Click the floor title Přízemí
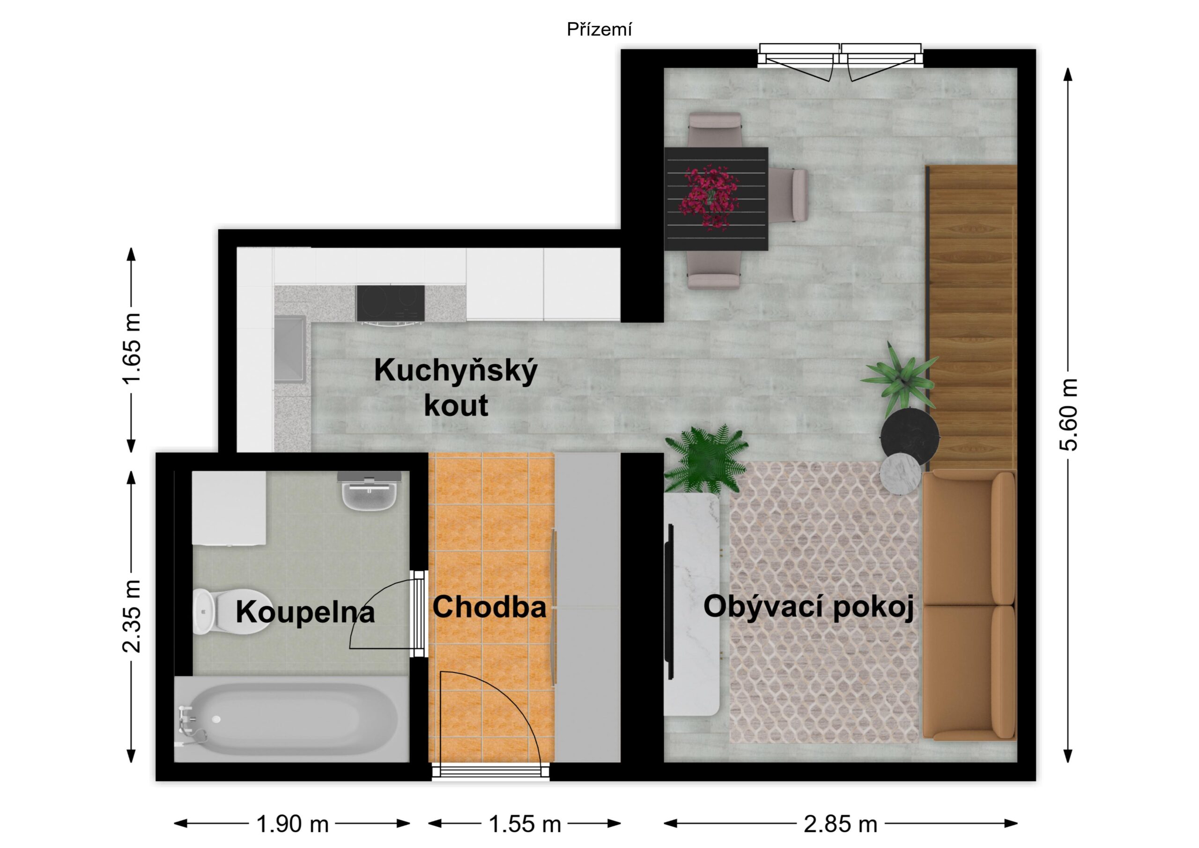click(x=599, y=30)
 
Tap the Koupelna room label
click(x=305, y=612)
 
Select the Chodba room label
click(x=489, y=607)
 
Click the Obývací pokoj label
click(x=808, y=608)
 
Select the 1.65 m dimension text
click(x=131, y=349)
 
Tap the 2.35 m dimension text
click(x=131, y=616)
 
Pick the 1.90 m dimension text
click(x=292, y=824)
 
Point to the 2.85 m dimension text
click(x=840, y=824)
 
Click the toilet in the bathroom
click(x=230, y=612)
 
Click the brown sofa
click(x=969, y=606)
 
